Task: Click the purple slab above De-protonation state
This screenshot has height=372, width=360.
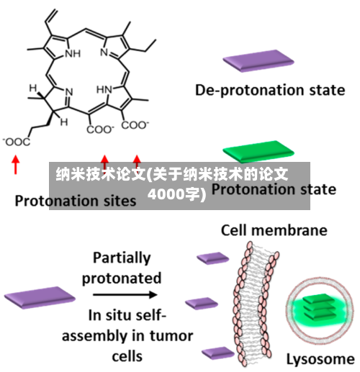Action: (258, 60)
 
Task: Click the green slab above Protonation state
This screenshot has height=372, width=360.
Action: (258, 151)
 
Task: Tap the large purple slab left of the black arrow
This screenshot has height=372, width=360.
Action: (40, 297)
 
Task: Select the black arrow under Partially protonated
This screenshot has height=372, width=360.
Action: (125, 294)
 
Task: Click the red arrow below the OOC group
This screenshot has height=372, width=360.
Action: (16, 164)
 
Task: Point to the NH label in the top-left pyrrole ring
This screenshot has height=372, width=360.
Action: (73, 53)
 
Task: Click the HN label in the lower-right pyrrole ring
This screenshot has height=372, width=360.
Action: (104, 90)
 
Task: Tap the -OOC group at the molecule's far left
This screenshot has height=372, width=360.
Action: (17, 142)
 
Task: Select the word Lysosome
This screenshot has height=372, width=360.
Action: (320, 360)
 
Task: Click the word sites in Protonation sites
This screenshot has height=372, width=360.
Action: (120, 201)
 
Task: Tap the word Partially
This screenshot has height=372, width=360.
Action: (122, 258)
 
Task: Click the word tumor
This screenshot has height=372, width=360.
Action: (171, 336)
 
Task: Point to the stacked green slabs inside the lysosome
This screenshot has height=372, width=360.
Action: (319, 307)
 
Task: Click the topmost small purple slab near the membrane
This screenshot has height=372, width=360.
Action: (213, 258)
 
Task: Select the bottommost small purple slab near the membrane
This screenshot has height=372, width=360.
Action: (217, 353)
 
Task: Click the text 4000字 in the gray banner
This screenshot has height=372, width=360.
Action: (177, 194)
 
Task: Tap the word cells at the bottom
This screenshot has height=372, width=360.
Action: (127, 356)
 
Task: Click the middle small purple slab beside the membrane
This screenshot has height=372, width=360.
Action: (202, 304)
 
